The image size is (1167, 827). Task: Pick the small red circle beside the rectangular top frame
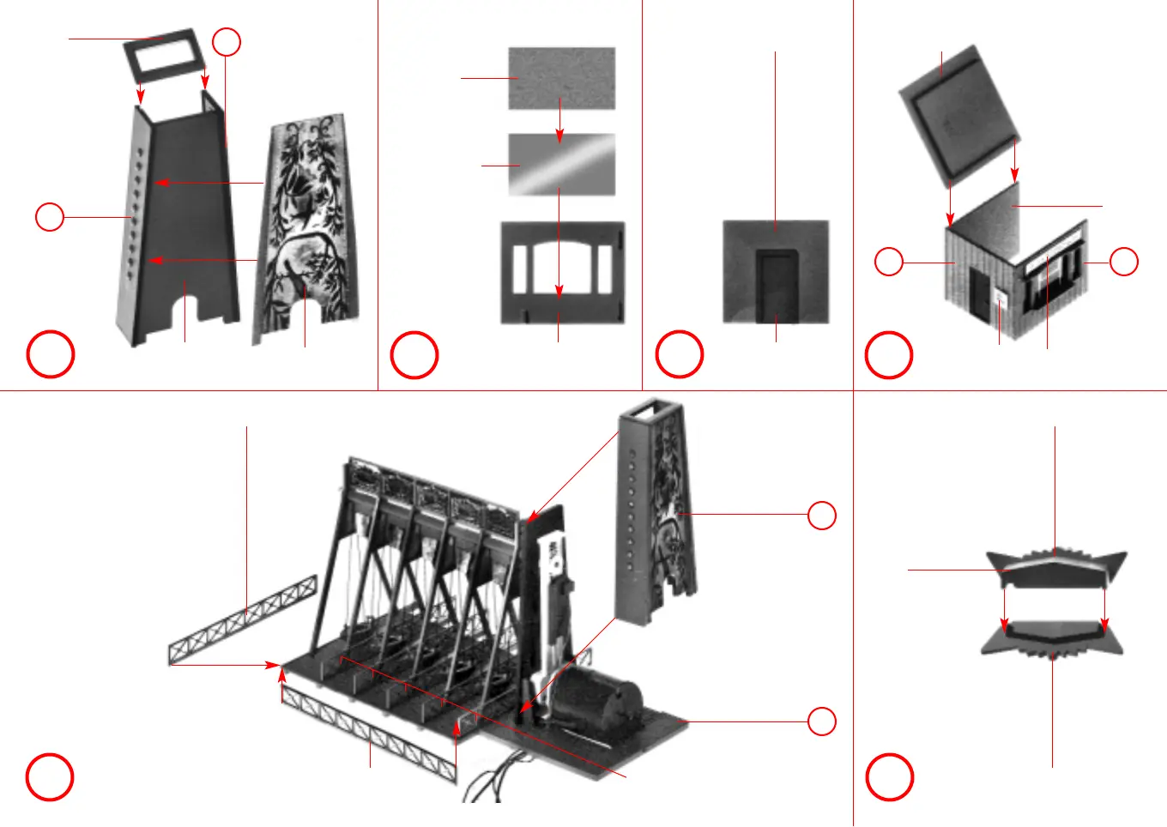(227, 42)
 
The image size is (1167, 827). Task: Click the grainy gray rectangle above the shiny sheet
(561, 77)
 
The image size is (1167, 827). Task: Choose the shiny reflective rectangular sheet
(561, 164)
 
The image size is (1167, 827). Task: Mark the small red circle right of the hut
(1123, 262)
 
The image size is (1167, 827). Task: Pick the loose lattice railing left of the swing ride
(243, 620)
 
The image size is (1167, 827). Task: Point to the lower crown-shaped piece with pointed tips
(1052, 639)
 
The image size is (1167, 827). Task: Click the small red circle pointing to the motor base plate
(821, 721)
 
